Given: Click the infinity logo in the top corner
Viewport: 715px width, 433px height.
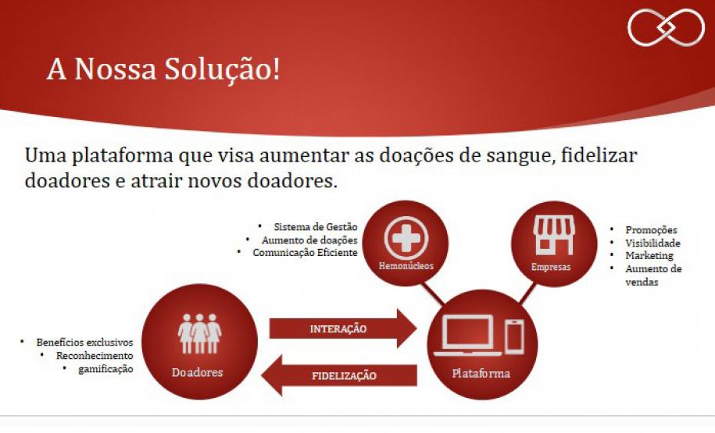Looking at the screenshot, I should tap(666, 28).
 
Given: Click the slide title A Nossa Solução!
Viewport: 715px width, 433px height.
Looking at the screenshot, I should tap(163, 69).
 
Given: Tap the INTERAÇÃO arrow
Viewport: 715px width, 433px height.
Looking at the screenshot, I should tap(341, 328).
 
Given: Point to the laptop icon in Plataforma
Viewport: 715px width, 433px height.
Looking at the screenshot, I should tap(468, 335).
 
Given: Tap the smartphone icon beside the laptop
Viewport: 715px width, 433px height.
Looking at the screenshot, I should tap(513, 336).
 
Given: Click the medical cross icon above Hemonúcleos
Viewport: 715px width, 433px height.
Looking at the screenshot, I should tap(406, 236).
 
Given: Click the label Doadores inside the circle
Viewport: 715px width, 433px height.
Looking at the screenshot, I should tap(197, 372).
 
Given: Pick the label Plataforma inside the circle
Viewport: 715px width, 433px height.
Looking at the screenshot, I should tap(481, 373).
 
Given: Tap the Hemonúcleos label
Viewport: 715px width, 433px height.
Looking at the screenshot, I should tap(406, 265).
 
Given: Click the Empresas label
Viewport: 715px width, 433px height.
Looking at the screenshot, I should tap(551, 267).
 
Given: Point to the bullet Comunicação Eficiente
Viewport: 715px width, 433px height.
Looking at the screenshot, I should tap(305, 252).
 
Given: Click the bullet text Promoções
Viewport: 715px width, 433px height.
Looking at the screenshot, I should tap(651, 230).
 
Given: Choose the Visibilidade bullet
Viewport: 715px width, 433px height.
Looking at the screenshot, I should tap(652, 243).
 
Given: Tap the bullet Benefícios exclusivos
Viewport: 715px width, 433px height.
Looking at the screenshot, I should tap(84, 342).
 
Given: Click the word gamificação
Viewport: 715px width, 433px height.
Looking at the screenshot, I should tap(105, 368).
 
